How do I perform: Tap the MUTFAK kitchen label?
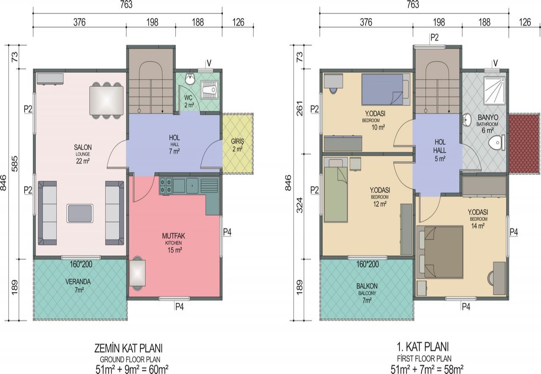click(x=173, y=236)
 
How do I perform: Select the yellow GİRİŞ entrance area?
click(x=238, y=144)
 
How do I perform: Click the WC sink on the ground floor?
click(x=191, y=79)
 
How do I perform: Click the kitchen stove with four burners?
click(x=165, y=186)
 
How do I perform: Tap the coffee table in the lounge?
click(x=80, y=213)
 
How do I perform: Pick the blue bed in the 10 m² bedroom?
click(x=386, y=89)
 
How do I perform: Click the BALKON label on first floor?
click(x=367, y=286)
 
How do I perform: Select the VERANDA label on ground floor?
click(x=78, y=282)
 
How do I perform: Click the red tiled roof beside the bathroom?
click(x=524, y=144)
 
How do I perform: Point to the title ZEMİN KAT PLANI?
click(x=128, y=348)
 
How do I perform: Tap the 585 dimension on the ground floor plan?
click(x=15, y=164)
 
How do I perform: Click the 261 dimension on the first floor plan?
click(x=299, y=108)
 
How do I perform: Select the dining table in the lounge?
click(x=106, y=100)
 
